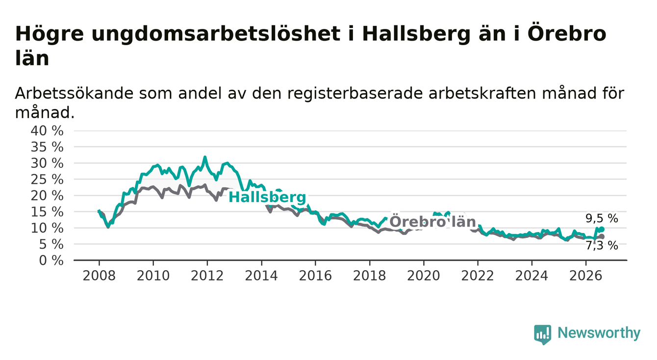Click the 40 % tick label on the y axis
click(47, 130)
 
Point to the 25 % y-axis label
click(47, 180)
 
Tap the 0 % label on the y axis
click(51, 260)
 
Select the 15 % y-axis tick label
click(47, 211)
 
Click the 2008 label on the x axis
click(99, 276)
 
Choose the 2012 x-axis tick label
click(207, 276)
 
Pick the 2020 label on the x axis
click(424, 276)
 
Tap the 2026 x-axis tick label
click(586, 276)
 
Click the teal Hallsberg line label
click(267, 197)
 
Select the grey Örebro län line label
click(432, 222)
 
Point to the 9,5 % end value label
click(602, 219)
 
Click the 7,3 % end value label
click(602, 246)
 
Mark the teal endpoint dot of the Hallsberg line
click(602, 229)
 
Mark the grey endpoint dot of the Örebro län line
click(602, 236)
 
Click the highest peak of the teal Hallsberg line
click(205, 157)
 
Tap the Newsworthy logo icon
click(542, 334)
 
